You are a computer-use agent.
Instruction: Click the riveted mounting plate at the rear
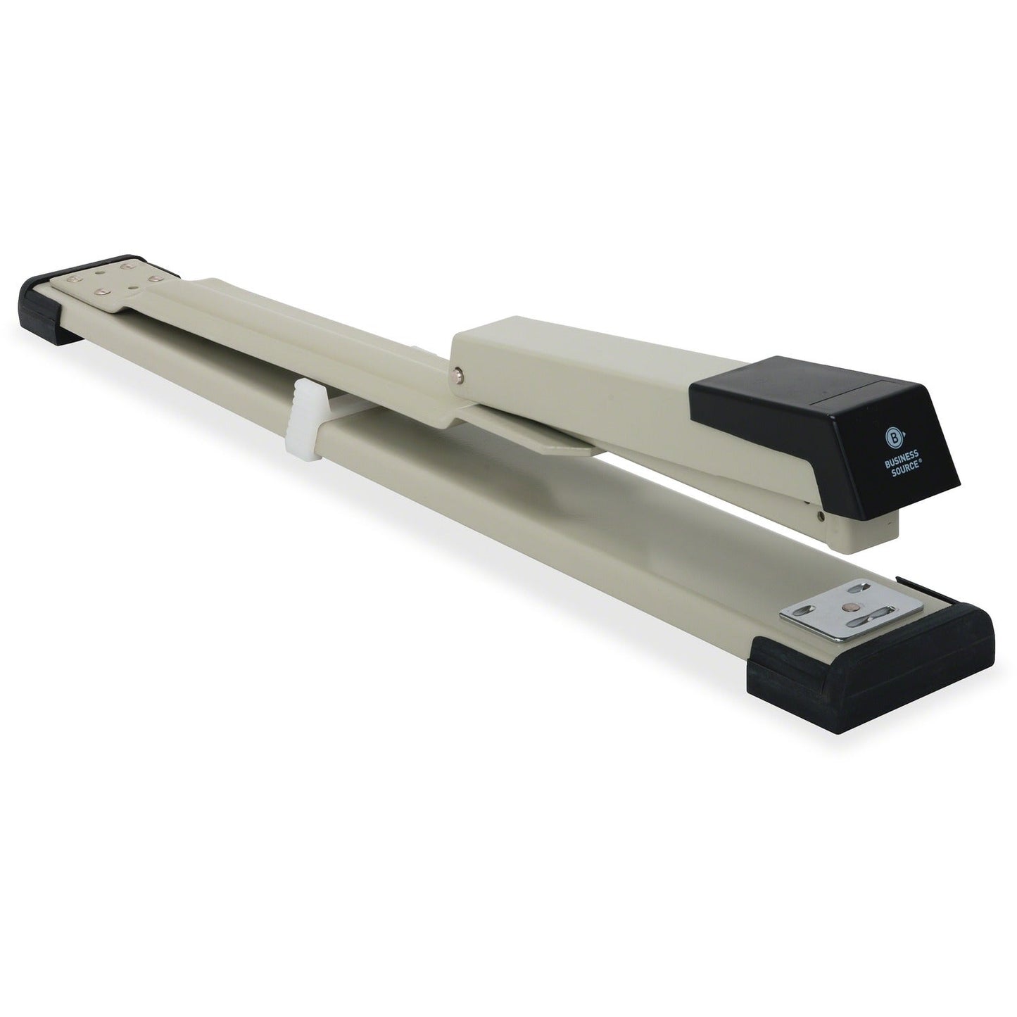[x=120, y=285]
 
